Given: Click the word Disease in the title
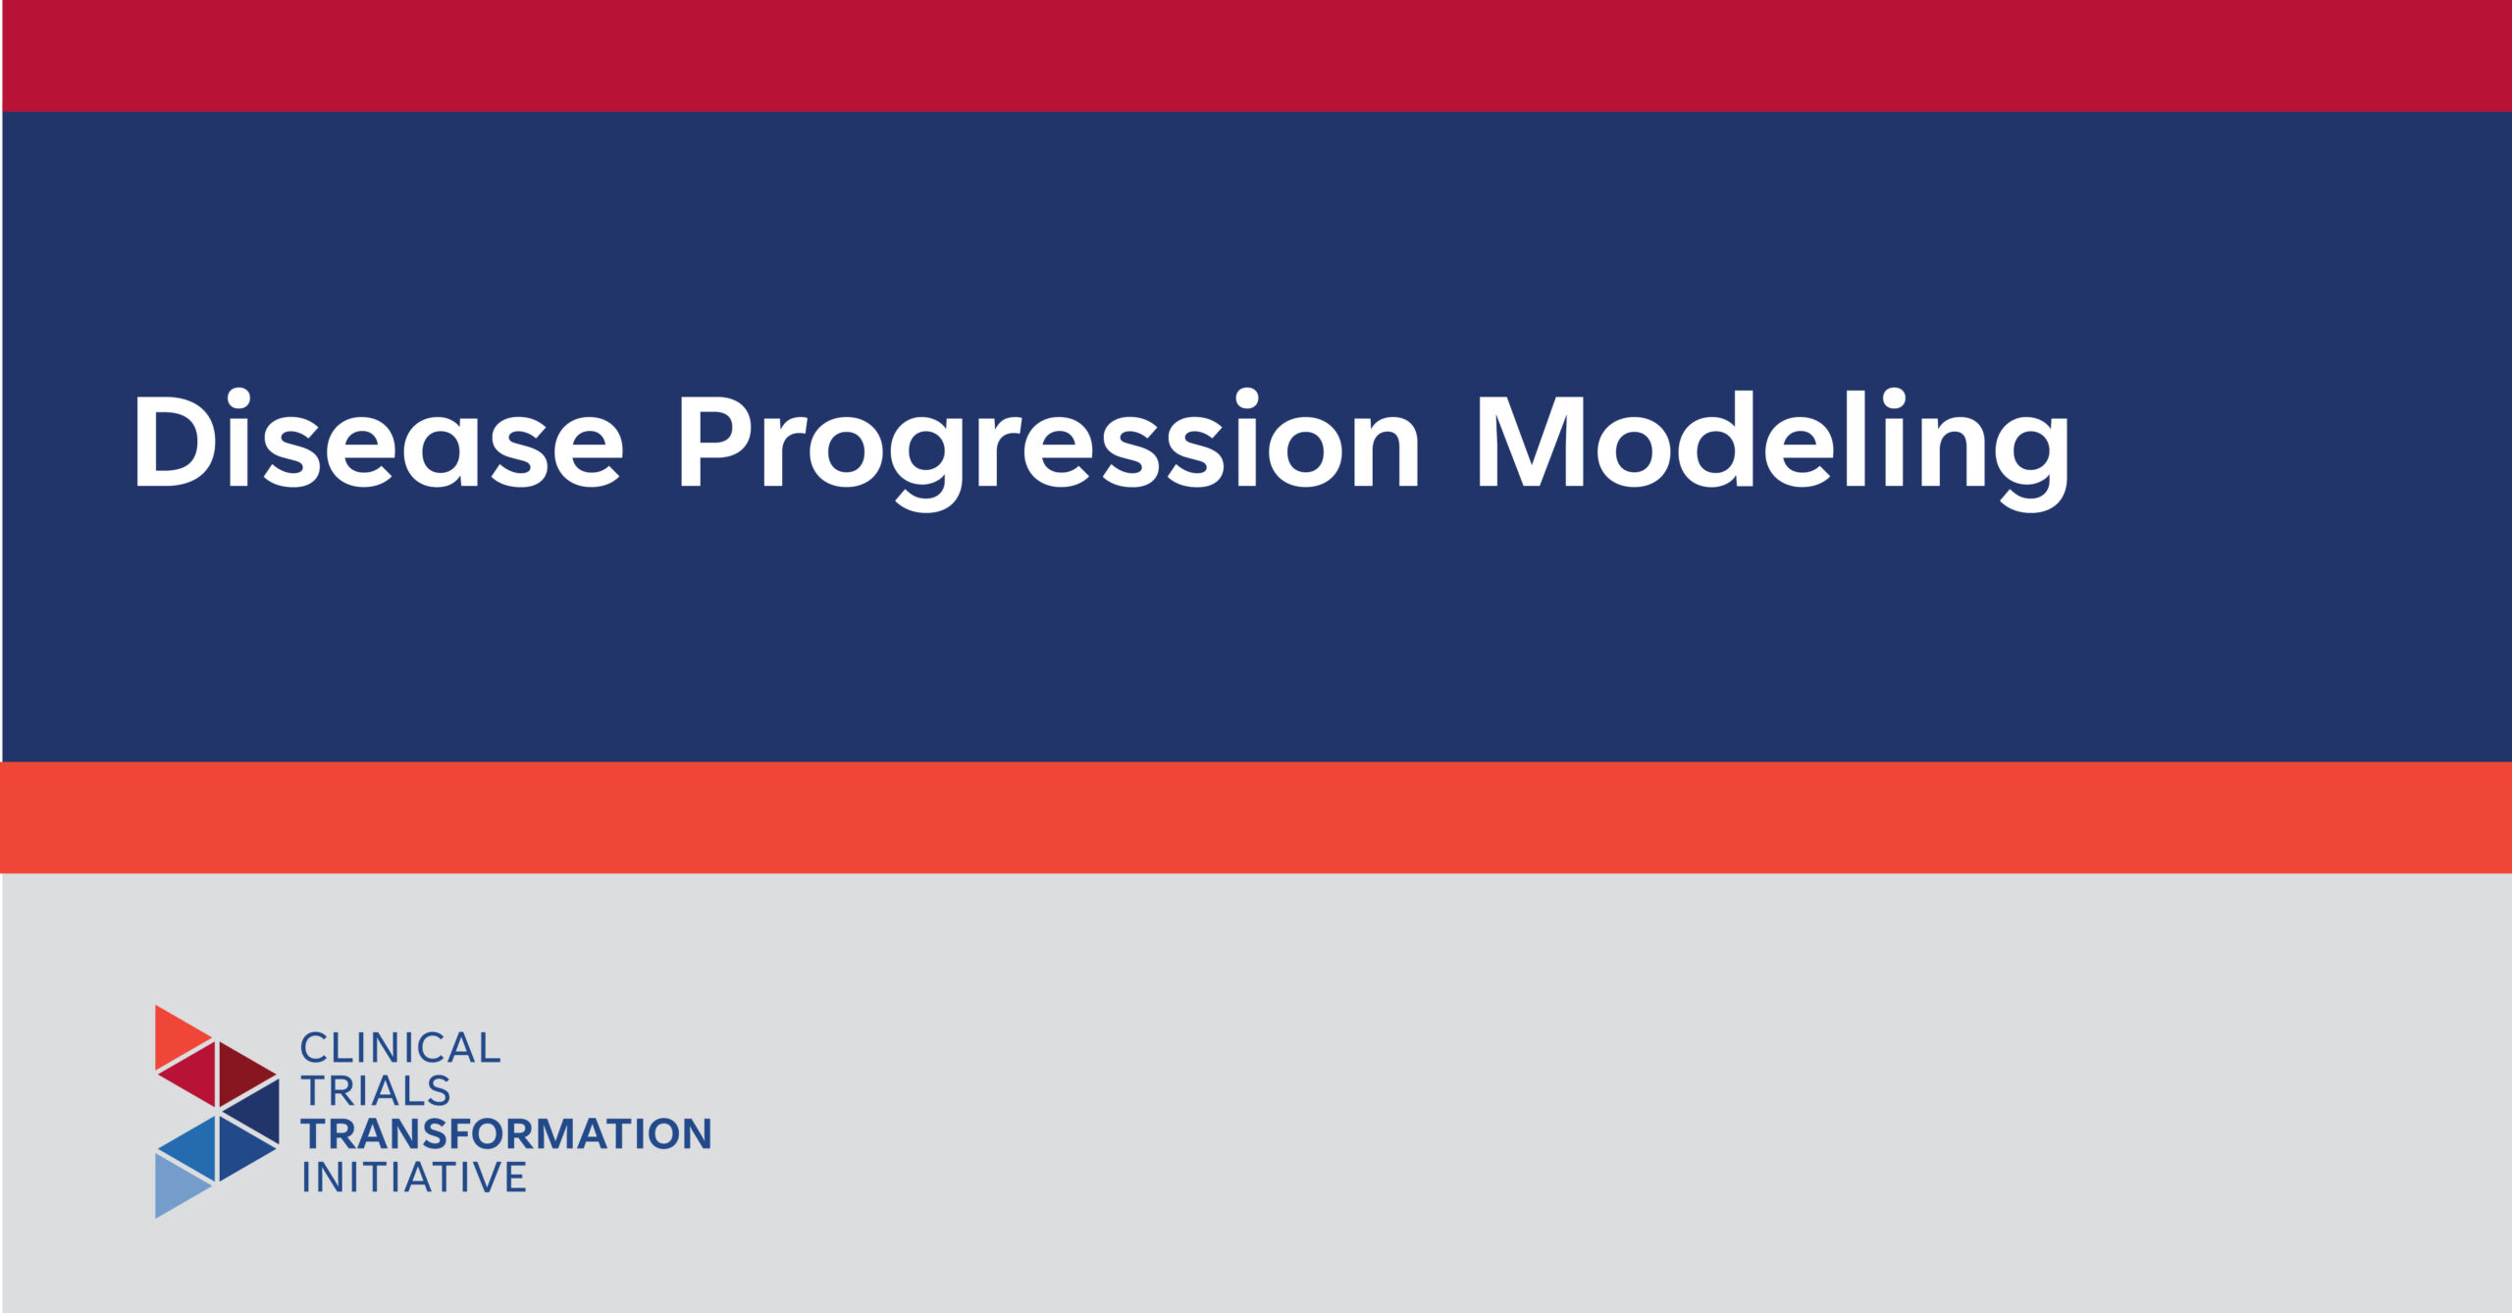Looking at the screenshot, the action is click(x=379, y=440).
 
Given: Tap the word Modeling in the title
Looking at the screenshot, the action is click(x=1772, y=449).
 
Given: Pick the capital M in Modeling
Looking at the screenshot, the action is click(x=1530, y=442).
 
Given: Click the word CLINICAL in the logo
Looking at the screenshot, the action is click(x=400, y=1048).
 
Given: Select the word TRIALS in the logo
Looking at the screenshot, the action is click(x=376, y=1091).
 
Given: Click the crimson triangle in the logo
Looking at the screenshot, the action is click(x=194, y=1073).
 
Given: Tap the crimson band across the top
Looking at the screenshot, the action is click(x=1256, y=56).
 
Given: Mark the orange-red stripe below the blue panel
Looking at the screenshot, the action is click(x=1256, y=817).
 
